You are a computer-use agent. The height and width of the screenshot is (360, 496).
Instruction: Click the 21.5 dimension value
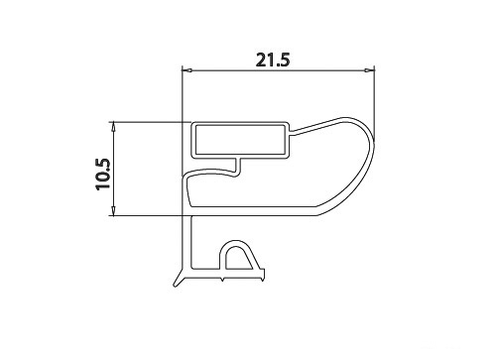(x=273, y=60)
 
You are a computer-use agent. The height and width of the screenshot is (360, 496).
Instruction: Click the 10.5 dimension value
(x=102, y=175)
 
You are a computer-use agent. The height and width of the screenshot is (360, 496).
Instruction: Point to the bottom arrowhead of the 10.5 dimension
(x=113, y=211)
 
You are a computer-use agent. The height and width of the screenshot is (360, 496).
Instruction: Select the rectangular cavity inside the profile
(x=240, y=140)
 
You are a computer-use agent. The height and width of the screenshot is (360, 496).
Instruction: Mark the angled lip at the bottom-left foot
(x=178, y=278)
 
